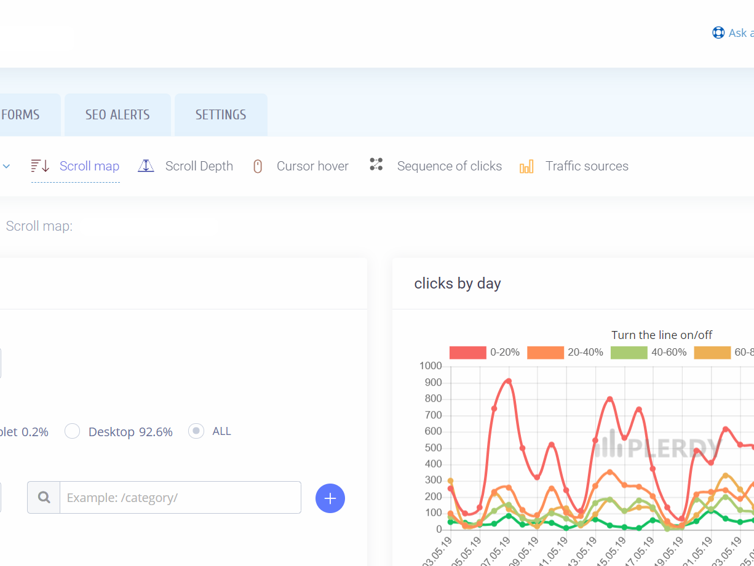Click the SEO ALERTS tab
click(x=117, y=115)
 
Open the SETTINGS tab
click(x=221, y=115)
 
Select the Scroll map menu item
click(x=89, y=166)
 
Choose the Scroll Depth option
click(x=199, y=166)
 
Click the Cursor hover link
click(x=312, y=166)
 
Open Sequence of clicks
click(x=449, y=166)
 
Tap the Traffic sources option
click(x=587, y=166)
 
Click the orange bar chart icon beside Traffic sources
click(x=526, y=167)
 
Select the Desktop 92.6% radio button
click(x=73, y=431)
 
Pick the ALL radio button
click(x=196, y=431)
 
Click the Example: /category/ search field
click(x=180, y=497)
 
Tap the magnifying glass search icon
click(x=44, y=497)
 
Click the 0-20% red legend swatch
click(x=467, y=353)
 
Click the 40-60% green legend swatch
click(x=629, y=353)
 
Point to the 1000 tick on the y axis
click(x=431, y=366)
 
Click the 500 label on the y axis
click(x=433, y=448)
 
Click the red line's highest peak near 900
click(x=509, y=381)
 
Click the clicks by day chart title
click(x=458, y=284)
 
